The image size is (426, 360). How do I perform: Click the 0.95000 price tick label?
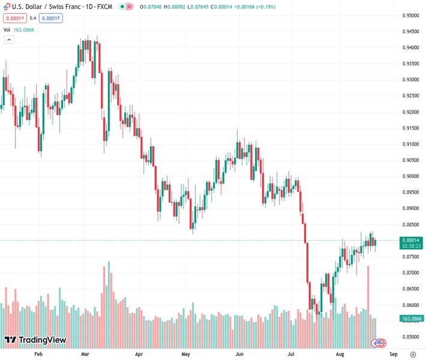[411, 16]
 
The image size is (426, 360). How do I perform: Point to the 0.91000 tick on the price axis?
[411, 144]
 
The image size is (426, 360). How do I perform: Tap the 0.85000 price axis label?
[411, 337]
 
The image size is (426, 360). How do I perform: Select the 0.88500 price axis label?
[411, 224]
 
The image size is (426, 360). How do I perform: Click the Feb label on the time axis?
[38, 354]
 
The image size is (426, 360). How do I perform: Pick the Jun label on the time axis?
[239, 354]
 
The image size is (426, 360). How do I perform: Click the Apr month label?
[139, 354]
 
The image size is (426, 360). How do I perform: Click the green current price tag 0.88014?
[412, 240]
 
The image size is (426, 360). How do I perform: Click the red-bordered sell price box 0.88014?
[13, 18]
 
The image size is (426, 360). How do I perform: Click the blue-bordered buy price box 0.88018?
[51, 18]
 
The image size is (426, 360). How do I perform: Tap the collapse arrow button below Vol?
[9, 40]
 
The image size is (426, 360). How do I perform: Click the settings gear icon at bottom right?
[412, 354]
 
